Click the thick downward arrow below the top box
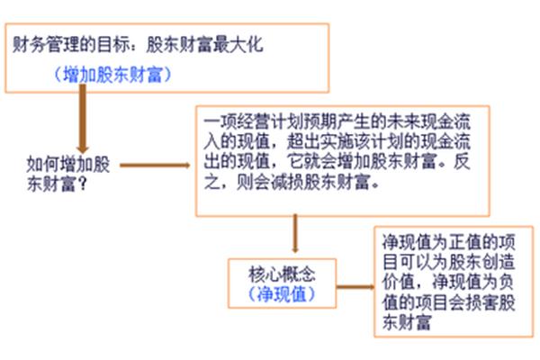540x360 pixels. (x=83, y=119)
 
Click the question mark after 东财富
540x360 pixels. (x=82, y=185)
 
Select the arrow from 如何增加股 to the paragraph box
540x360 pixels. (x=155, y=166)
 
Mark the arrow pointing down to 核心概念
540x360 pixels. (x=295, y=234)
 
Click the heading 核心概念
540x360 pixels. (x=282, y=274)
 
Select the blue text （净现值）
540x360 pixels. (x=282, y=294)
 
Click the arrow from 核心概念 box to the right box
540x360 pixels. (x=355, y=287)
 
